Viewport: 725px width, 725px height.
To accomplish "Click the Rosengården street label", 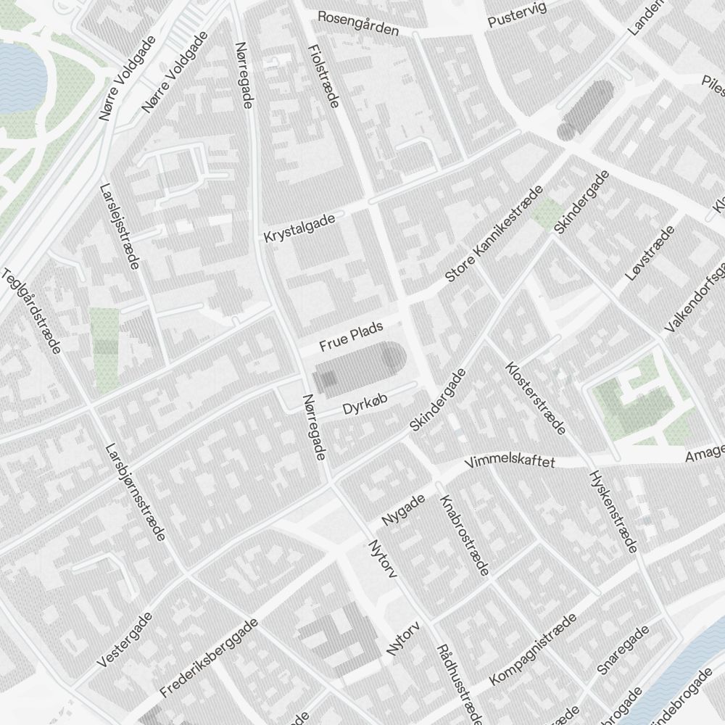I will coord(358,23).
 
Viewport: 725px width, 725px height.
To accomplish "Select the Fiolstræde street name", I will coord(323,75).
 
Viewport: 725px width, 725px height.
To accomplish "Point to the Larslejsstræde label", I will coord(121,225).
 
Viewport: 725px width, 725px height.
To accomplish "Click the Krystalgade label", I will coord(299,228).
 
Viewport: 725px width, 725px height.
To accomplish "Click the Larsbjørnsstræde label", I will coord(136,492).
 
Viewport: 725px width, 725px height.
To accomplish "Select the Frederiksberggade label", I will coord(210,658).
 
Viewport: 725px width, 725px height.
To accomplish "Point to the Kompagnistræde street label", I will coord(533,650).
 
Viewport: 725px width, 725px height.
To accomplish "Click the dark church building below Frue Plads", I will coord(359,367).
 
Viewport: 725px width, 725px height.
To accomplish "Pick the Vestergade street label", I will coord(124,639).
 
